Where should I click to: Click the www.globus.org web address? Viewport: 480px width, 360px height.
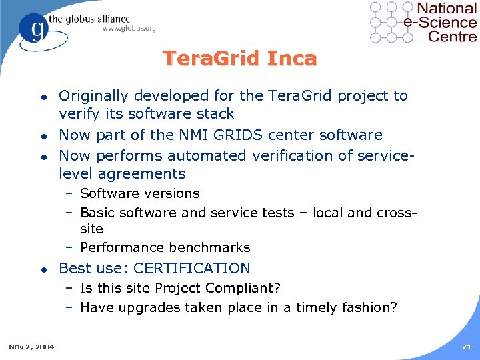pos(129,29)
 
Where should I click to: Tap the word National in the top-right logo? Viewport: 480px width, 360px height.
pos(447,9)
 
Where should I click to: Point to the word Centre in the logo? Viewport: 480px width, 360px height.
pos(453,36)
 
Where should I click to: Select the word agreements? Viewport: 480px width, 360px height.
pos(142,174)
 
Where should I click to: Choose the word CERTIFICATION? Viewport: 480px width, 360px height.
pos(192,269)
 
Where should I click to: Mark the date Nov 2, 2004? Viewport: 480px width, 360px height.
pos(32,347)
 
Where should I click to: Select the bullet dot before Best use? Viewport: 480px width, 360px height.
pos(43,269)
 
